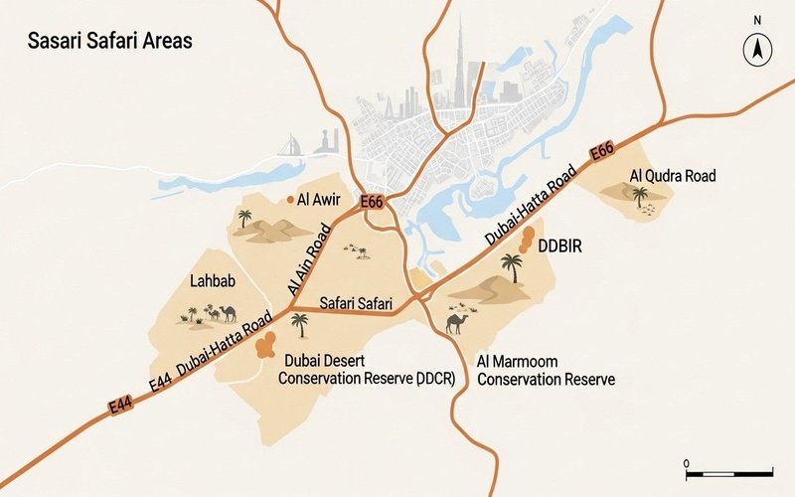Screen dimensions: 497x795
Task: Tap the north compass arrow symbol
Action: point(757,47)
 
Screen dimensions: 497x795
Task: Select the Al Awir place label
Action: point(319,199)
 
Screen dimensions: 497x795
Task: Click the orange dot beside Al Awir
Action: point(291,200)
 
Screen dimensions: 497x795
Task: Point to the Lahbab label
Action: point(212,281)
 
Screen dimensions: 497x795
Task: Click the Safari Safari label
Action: point(356,303)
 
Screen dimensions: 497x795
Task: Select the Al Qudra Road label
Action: point(673,176)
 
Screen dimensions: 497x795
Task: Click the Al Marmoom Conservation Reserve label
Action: point(546,370)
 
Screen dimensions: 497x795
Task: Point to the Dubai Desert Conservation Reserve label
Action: point(367,370)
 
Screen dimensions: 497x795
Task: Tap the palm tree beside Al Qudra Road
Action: point(640,197)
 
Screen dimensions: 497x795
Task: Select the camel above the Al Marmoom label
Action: point(458,323)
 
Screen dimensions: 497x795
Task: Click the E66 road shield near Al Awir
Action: point(372,202)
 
